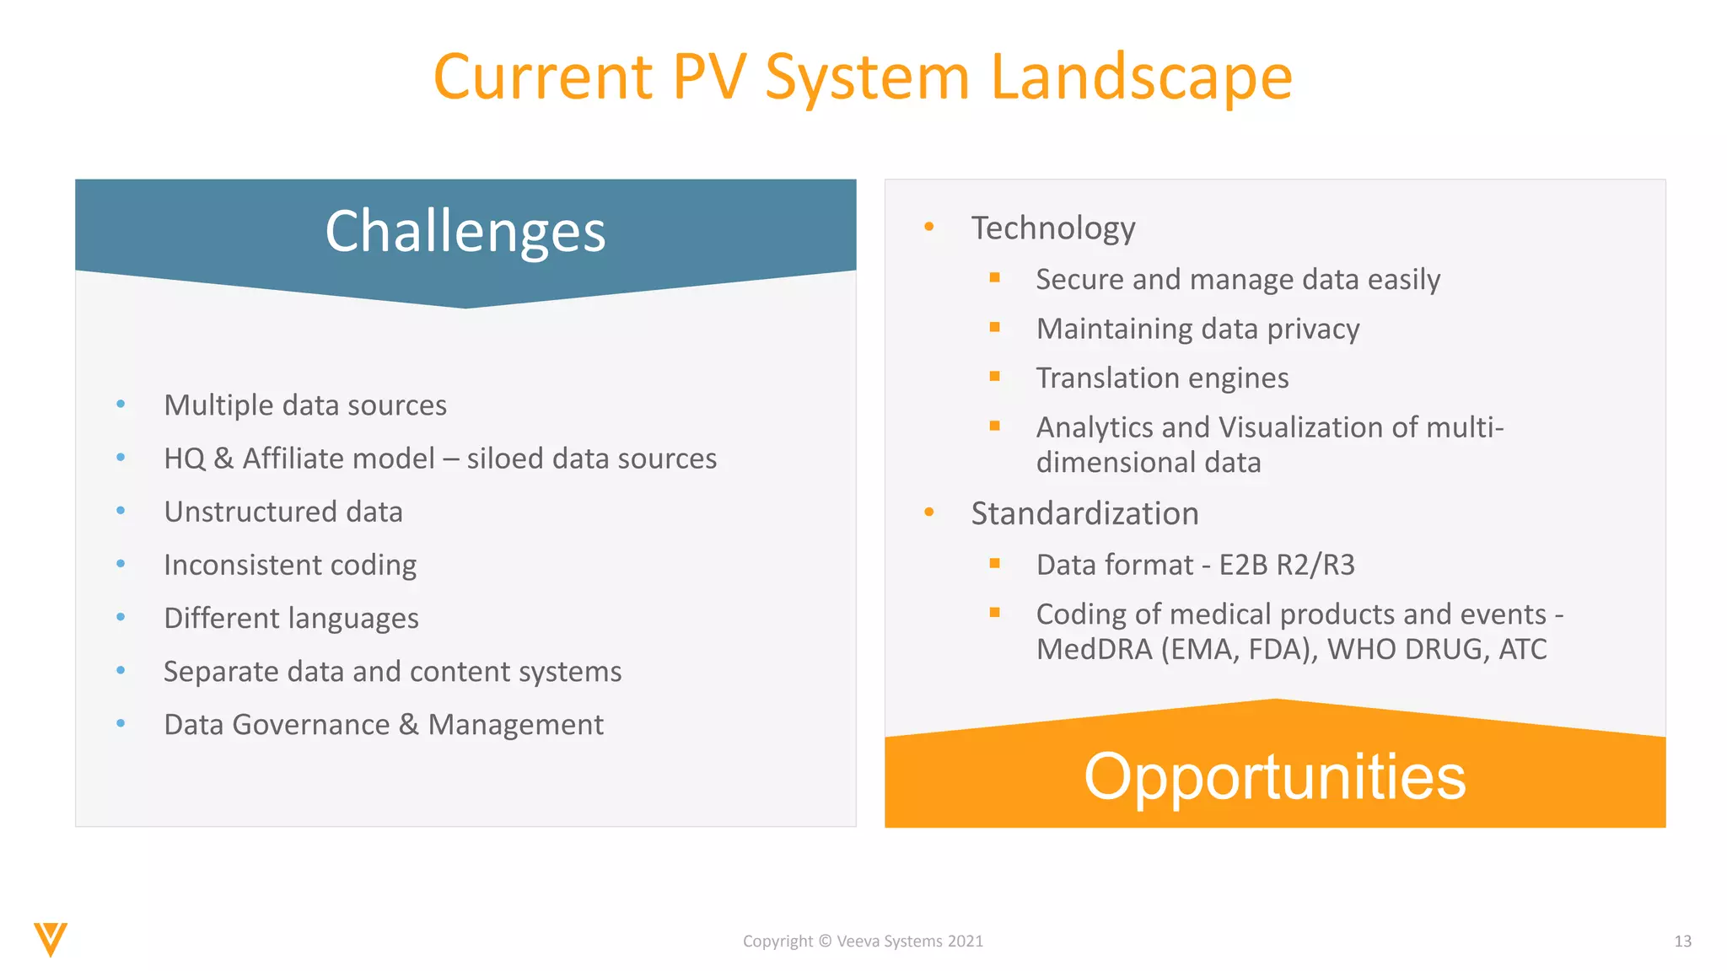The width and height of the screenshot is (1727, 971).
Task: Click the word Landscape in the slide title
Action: [1140, 78]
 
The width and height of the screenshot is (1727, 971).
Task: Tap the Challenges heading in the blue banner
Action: [465, 231]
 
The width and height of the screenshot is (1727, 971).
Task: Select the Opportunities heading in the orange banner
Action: [1274, 776]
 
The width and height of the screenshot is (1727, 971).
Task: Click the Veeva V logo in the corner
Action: [51, 939]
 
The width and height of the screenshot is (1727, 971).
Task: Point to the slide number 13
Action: [1682, 941]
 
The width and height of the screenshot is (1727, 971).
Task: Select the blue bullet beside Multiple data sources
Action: [121, 405]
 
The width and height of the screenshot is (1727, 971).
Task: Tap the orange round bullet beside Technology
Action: [928, 227]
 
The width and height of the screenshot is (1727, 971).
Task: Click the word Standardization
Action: [1084, 513]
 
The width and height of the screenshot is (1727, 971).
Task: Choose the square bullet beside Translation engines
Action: [995, 377]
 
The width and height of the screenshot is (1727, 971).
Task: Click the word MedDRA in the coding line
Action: [1094, 650]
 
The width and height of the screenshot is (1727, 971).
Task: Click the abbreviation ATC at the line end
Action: [1522, 650]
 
